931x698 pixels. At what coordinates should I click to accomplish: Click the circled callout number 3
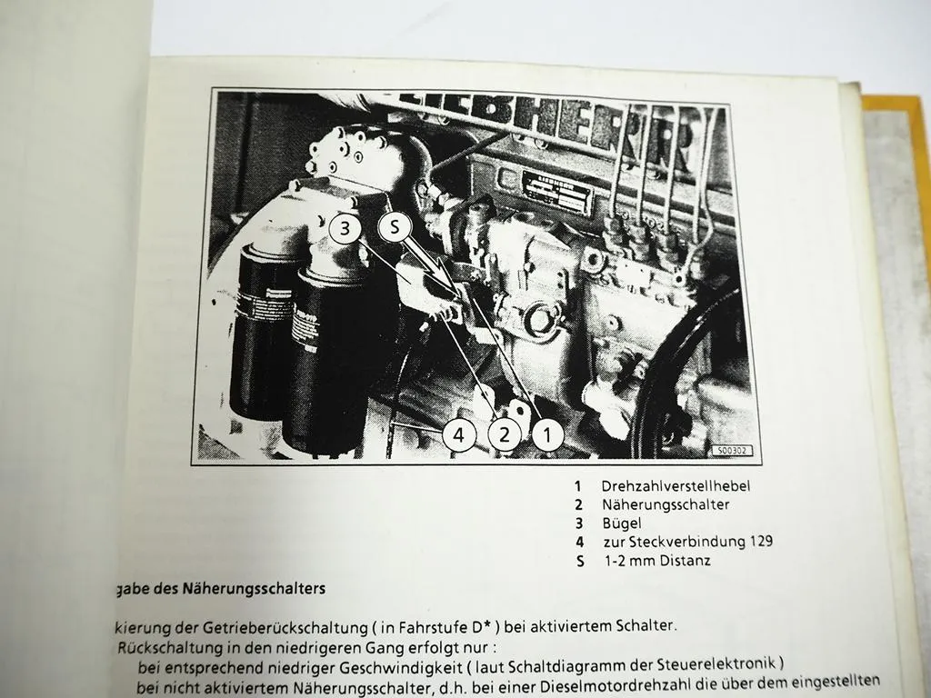345,229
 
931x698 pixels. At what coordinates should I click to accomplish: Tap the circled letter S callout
395,229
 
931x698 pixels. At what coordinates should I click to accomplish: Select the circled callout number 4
459,436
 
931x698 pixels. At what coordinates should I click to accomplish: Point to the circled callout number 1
546,436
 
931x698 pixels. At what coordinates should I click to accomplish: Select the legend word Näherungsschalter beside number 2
666,504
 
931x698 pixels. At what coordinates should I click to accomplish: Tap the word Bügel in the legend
621,523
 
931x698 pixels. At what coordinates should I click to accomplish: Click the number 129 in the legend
757,542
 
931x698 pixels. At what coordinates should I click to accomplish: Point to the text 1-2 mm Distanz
657,561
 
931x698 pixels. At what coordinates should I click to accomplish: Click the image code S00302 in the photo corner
733,450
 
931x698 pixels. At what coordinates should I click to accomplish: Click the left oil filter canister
262,332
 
